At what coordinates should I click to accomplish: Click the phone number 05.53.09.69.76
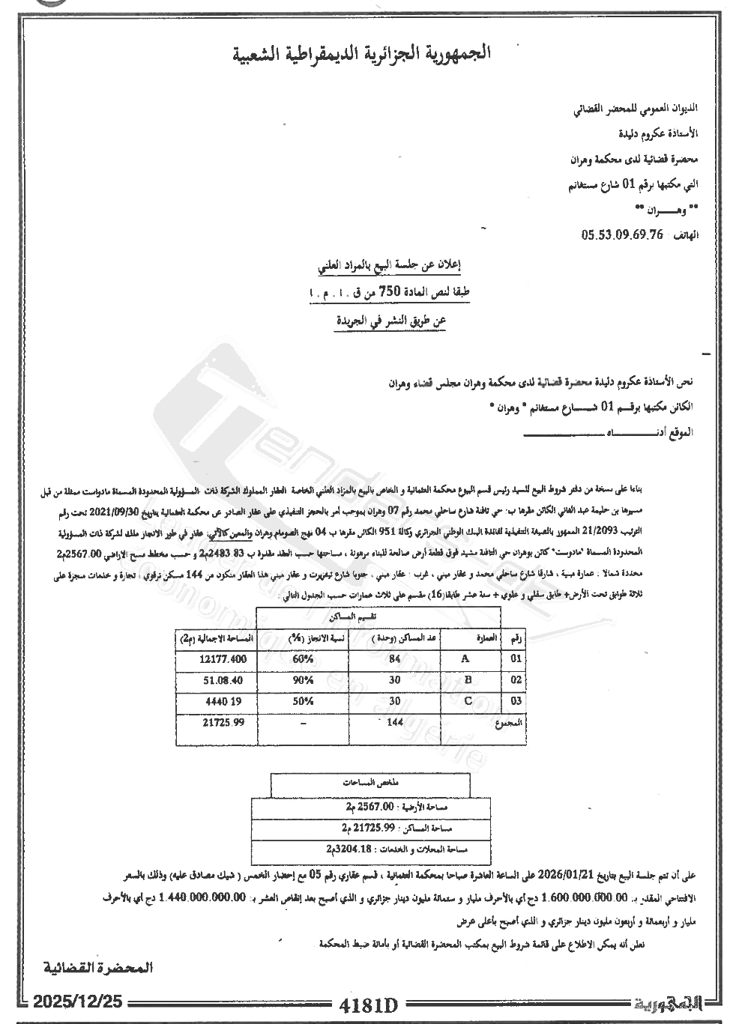622,234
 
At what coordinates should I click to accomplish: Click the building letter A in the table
465,659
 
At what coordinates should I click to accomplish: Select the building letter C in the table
468,701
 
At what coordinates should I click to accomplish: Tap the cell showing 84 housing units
395,659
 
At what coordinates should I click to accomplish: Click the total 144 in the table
393,722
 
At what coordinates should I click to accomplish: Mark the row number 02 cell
516,680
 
